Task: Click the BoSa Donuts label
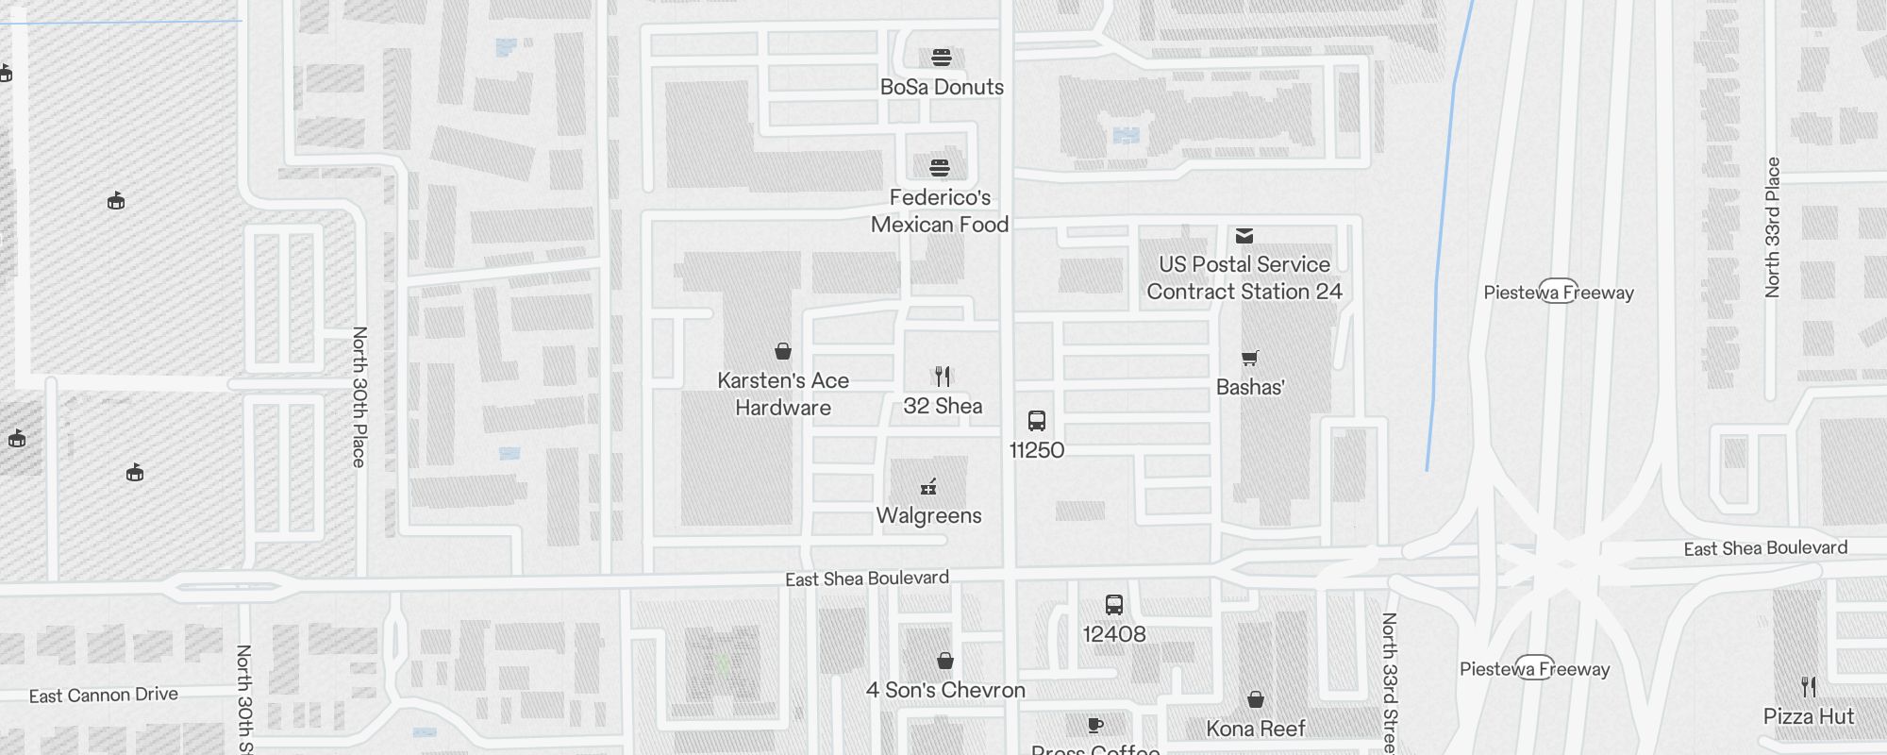pos(942,87)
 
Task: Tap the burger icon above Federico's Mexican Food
pos(939,168)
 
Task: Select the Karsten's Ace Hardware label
pos(783,394)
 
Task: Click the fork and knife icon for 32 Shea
pos(943,377)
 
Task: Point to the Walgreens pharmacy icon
pos(928,487)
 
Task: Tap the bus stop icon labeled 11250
pos(1036,421)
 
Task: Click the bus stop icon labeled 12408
pos(1114,605)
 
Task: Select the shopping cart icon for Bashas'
pos(1250,358)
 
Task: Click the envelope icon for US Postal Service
pos(1244,236)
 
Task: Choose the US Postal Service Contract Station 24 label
pos(1244,277)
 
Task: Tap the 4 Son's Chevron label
pos(945,690)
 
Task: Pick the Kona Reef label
pos(1256,729)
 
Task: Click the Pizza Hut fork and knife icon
pos(1808,686)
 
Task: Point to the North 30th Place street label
pos(359,396)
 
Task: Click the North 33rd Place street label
pos(1772,227)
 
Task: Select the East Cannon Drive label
pos(104,696)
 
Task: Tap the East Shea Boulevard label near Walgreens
pos(867,579)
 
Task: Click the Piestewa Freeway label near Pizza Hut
pos(1534,669)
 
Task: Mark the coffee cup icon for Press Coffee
pos(1094,725)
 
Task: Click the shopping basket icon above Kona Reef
pos(1256,699)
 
